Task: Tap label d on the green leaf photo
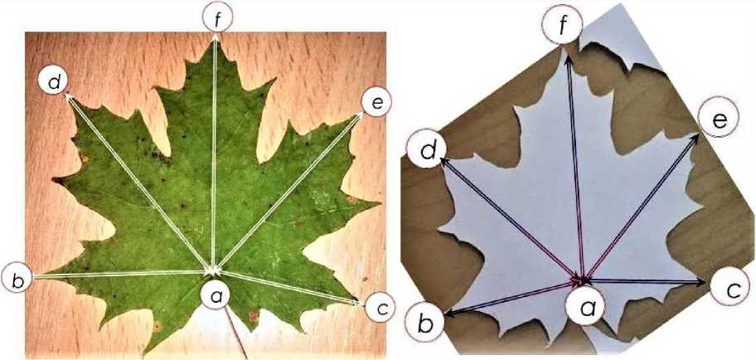tap(54, 82)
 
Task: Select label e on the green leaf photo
tap(376, 102)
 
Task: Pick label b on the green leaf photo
tap(17, 279)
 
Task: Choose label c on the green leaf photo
tap(380, 307)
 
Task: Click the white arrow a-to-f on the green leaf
tap(214, 153)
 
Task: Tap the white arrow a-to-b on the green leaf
tap(120, 274)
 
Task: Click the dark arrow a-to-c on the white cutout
tap(644, 281)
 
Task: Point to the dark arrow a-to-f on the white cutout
tap(575, 167)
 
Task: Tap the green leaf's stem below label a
tap(236, 333)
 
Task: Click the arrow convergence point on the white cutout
tap(583, 280)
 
